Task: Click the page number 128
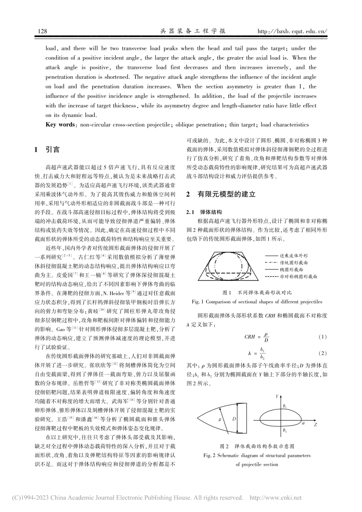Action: pos(43,31)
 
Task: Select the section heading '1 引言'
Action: pos(47,150)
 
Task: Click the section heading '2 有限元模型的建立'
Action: pos(221,194)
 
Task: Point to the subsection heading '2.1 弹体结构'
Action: pos(206,212)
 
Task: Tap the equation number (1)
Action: pos(322,337)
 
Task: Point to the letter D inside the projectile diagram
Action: pos(234,419)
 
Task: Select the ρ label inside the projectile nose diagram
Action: pos(220,419)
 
